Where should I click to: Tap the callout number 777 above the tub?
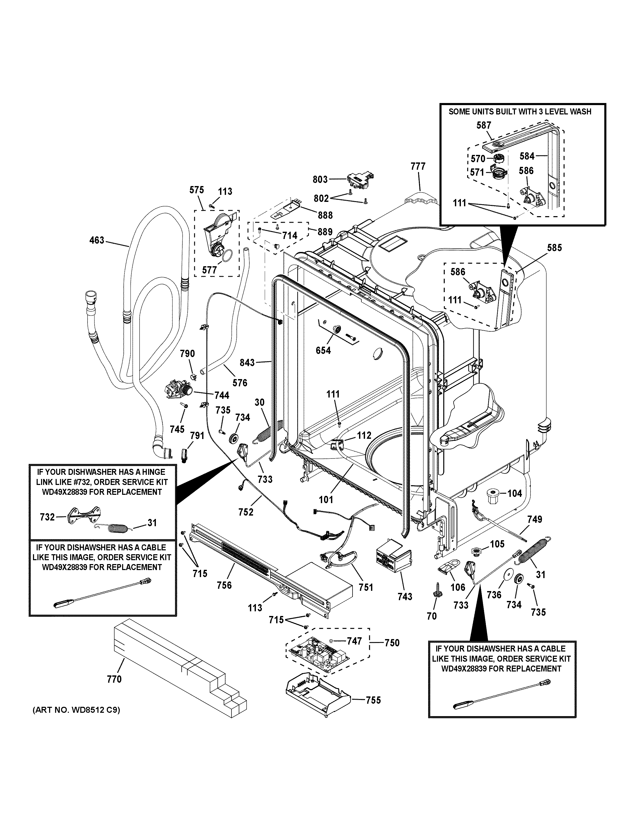[x=418, y=166]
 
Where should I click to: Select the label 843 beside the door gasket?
[x=247, y=363]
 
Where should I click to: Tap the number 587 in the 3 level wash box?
[x=484, y=125]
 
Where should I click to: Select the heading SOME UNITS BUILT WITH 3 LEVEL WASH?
[x=520, y=112]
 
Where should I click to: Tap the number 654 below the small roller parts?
[x=323, y=350]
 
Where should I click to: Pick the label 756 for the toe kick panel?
[x=224, y=585]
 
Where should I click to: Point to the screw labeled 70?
[x=432, y=616]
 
